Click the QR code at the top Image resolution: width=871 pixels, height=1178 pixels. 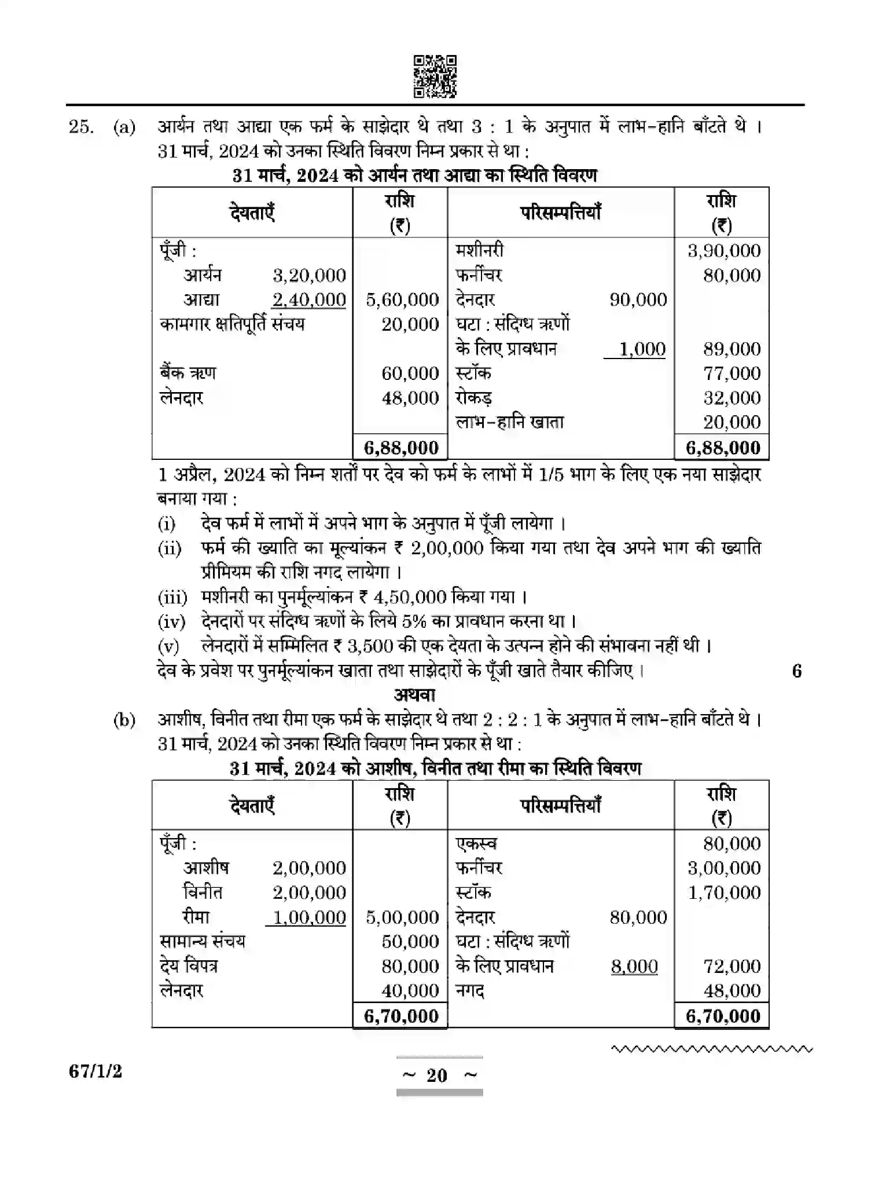click(435, 76)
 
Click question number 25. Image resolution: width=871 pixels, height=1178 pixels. click(80, 127)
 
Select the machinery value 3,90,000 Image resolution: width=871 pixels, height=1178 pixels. click(723, 251)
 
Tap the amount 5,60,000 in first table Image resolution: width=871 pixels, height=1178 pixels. click(402, 299)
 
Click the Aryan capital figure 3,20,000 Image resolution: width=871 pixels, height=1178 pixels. click(309, 275)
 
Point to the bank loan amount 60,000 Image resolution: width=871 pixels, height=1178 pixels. click(410, 373)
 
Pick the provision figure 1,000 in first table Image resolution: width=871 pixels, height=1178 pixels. click(642, 349)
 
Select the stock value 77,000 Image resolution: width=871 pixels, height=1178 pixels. click(732, 373)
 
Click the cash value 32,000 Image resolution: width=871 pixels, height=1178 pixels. click(732, 398)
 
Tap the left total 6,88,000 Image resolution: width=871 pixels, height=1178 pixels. click(401, 448)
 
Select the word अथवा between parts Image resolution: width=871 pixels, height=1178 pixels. click(414, 694)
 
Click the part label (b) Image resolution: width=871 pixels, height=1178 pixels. click(124, 720)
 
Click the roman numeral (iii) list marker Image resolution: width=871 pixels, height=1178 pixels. click(172, 597)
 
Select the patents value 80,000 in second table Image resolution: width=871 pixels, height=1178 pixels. click(732, 844)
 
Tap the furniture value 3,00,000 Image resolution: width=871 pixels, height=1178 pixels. click(723, 868)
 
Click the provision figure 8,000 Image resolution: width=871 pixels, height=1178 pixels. click(634, 966)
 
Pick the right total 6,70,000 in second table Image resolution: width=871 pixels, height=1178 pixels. click(723, 1016)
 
